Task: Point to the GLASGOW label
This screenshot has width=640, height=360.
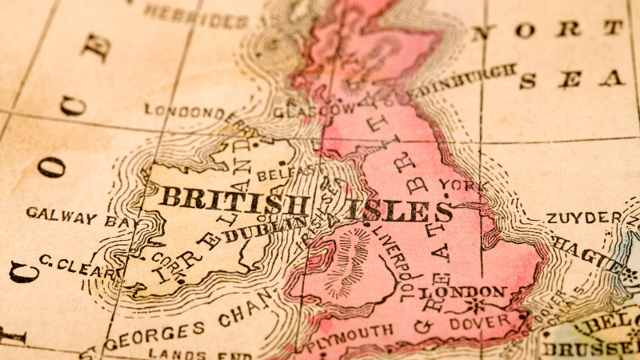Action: click(314, 110)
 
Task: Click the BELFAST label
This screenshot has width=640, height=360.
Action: click(286, 171)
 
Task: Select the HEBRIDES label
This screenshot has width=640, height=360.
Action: click(196, 14)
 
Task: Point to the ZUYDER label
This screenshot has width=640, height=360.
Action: click(583, 218)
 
